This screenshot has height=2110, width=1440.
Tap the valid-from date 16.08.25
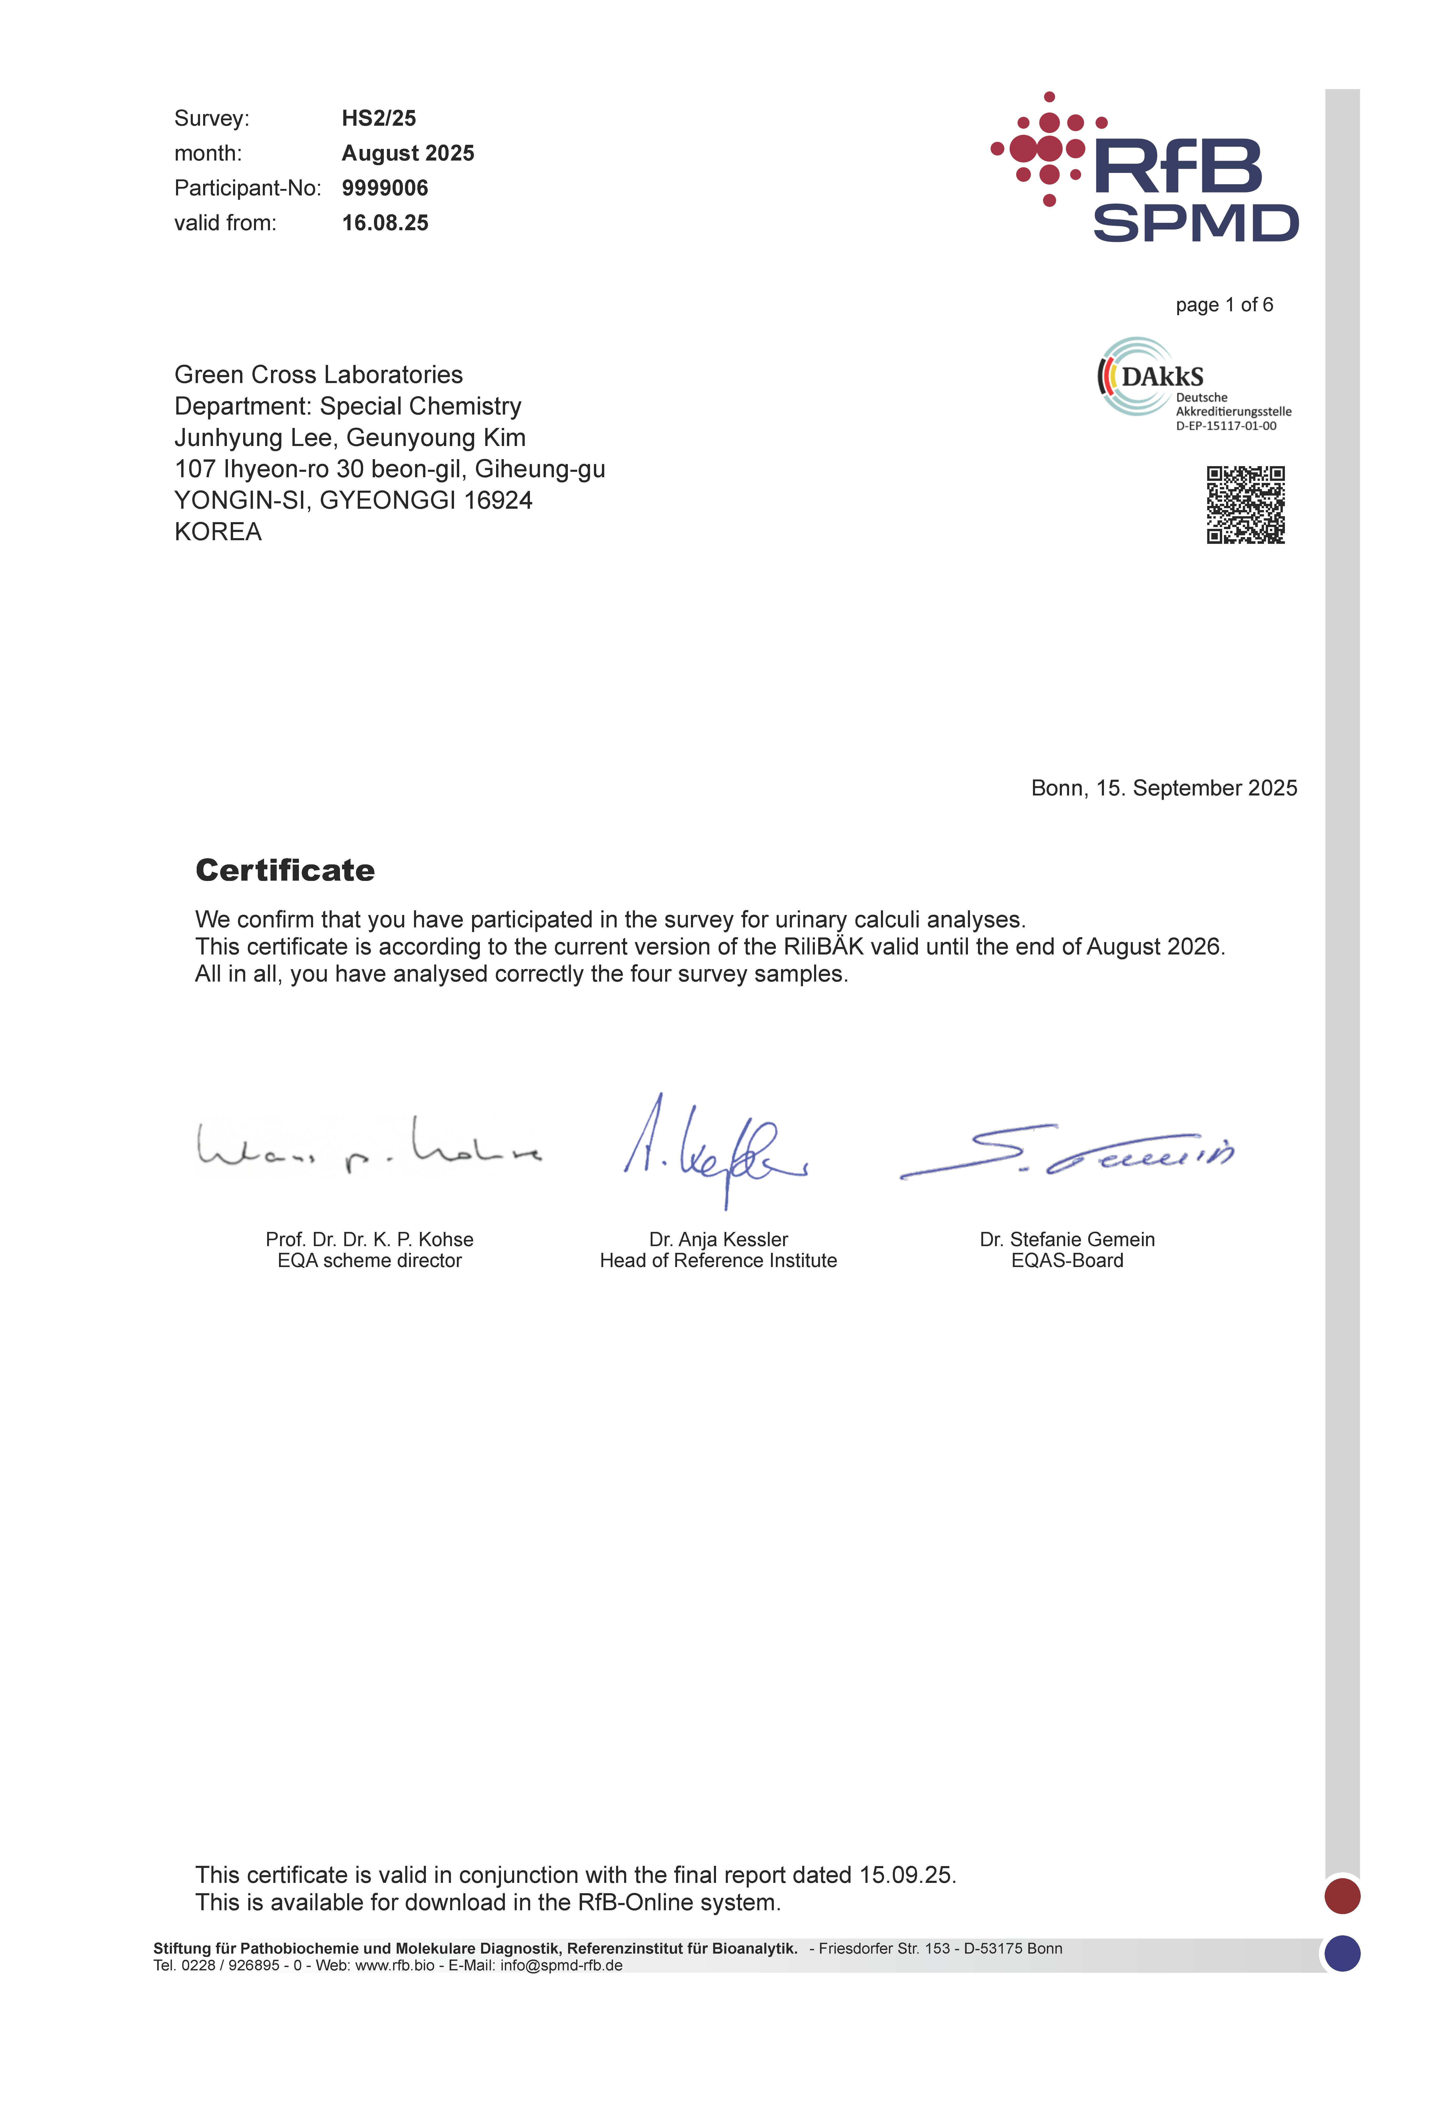pos(385,223)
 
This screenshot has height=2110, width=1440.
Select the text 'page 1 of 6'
pos(1224,305)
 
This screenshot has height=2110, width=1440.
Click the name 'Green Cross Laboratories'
pos(319,375)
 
